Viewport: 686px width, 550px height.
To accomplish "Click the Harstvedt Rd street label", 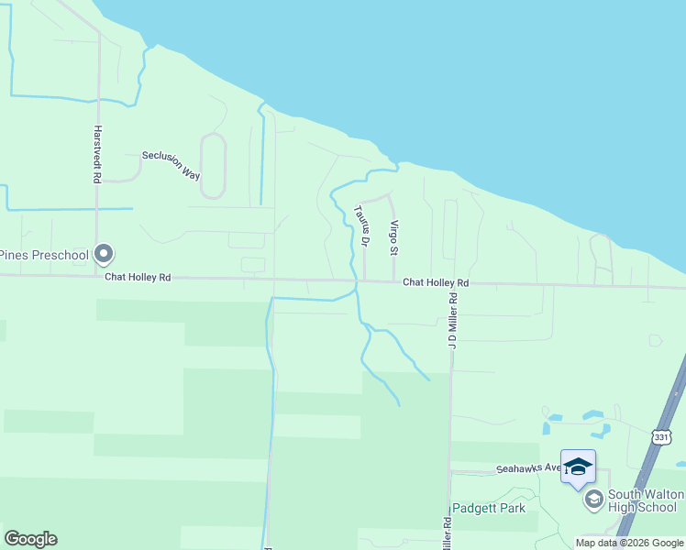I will (96, 155).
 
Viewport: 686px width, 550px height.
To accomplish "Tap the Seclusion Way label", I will (171, 165).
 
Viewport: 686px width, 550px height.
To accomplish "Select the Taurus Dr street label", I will (360, 225).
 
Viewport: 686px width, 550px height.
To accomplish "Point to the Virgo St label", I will (393, 237).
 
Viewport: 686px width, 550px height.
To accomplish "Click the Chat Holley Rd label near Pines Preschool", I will (138, 276).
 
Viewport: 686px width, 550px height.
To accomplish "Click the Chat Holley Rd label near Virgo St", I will (436, 283).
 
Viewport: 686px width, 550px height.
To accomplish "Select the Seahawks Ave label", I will (527, 468).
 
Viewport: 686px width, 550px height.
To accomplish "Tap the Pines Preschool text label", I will (43, 255).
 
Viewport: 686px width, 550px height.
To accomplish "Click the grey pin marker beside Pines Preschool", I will (104, 253).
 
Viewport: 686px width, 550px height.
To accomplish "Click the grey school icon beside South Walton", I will (593, 500).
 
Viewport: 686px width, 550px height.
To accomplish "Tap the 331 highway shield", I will (661, 438).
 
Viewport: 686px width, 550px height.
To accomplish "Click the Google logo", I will (30, 539).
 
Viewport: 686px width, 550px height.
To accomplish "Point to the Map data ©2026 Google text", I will (628, 543).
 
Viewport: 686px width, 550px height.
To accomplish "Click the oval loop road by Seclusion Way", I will (213, 166).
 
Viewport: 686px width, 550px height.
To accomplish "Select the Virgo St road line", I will (393, 261).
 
